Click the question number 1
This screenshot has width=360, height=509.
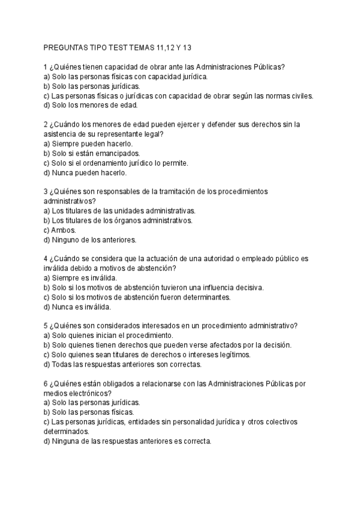tap(46, 68)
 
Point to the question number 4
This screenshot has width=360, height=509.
tap(46, 259)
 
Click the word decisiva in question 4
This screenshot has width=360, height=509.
tap(245, 288)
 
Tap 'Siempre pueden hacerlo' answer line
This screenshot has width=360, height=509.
tap(88, 143)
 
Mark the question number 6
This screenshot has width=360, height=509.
tap(46, 384)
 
